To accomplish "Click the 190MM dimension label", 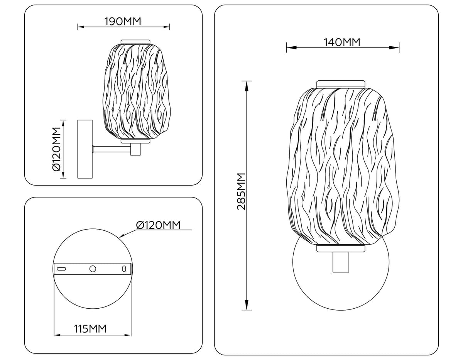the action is [x=123, y=22].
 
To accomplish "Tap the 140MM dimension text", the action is [x=342, y=42].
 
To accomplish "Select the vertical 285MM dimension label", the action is [x=242, y=191].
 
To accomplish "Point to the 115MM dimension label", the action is [x=90, y=329].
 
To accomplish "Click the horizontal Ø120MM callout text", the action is [x=158, y=225].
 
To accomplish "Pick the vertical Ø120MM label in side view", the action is [x=57, y=149].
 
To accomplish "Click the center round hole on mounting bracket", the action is [x=93, y=269].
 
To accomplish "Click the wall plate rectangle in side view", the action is [x=85, y=149].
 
